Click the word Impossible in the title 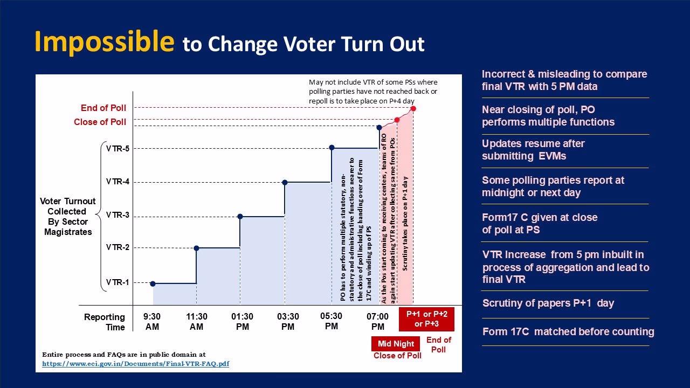(x=105, y=41)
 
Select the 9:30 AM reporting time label (x=152, y=322)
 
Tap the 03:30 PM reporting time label (x=288, y=322)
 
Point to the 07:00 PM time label (x=378, y=322)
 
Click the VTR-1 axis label (x=118, y=282)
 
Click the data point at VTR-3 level (x=240, y=217)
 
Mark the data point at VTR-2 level (x=196, y=248)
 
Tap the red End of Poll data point (x=413, y=109)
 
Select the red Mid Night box (x=396, y=344)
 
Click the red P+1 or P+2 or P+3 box (x=427, y=319)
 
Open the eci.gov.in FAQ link (x=136, y=364)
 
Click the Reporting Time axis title (x=105, y=322)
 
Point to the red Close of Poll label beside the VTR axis (x=100, y=122)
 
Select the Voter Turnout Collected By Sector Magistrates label (x=68, y=217)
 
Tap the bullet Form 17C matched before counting (x=568, y=332)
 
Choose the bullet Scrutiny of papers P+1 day (x=548, y=303)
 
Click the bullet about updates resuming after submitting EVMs (x=533, y=150)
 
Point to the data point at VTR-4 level (x=285, y=182)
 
